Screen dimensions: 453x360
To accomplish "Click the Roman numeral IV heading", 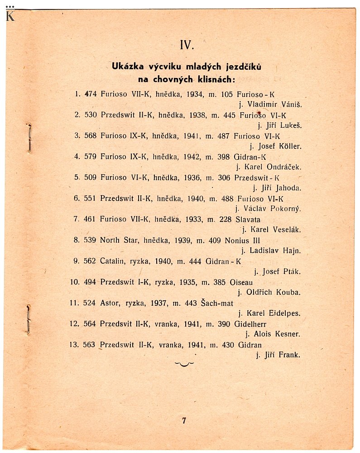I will pyautogui.click(x=187, y=45).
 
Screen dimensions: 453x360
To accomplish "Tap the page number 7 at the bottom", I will pyautogui.click(x=184, y=420).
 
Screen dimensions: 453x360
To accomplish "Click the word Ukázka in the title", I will pyautogui.click(x=128, y=67).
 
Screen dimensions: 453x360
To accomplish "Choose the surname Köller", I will pyautogui.click(x=289, y=146).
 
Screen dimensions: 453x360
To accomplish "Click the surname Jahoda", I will pyautogui.click(x=288, y=188).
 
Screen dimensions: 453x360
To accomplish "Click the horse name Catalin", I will pyautogui.click(x=114, y=261).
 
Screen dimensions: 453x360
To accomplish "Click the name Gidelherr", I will pyautogui.click(x=251, y=324).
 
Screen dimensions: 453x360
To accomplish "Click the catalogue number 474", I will pyautogui.click(x=91, y=94).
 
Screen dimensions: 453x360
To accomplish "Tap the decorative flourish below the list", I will pyautogui.click(x=184, y=364).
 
